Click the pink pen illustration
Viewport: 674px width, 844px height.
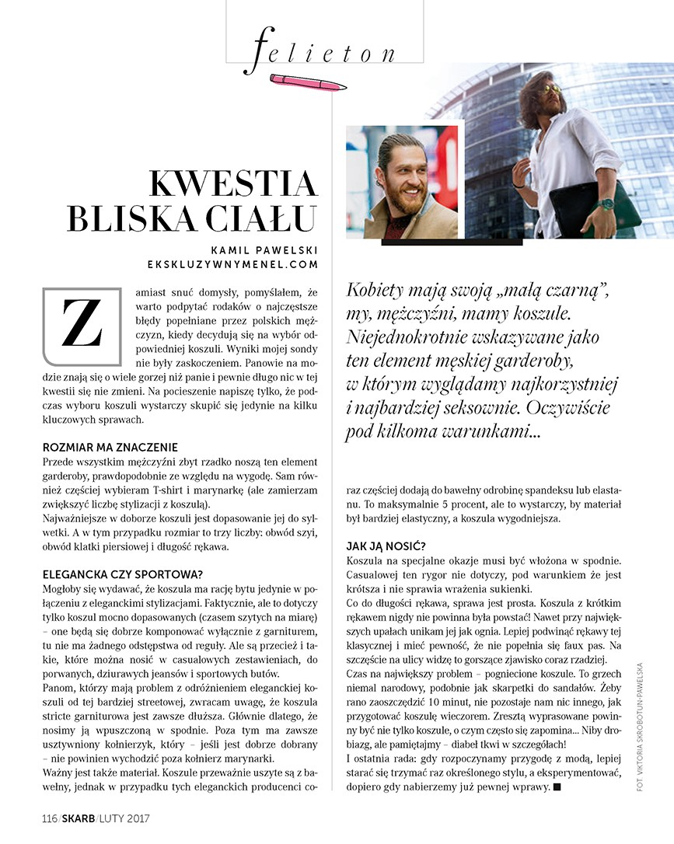pyautogui.click(x=307, y=80)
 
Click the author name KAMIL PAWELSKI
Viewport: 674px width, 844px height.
pyautogui.click(x=264, y=249)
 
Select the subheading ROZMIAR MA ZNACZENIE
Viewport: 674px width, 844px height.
pyautogui.click(x=110, y=448)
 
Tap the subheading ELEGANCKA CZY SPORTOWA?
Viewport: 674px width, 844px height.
pyautogui.click(x=123, y=575)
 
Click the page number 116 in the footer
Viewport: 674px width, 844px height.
pyautogui.click(x=50, y=818)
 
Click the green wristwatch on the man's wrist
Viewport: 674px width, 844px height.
pyautogui.click(x=606, y=204)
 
